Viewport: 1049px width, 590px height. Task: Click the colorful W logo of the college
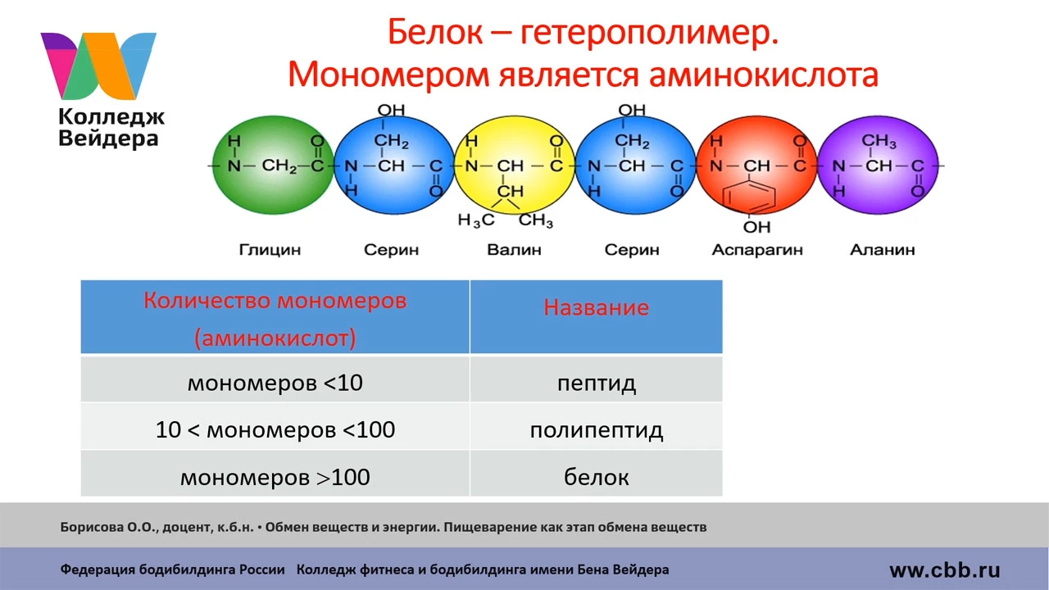point(98,66)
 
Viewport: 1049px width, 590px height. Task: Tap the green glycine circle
point(273,166)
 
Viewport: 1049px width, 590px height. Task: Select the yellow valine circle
point(514,166)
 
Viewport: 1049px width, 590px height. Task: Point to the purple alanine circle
point(878,166)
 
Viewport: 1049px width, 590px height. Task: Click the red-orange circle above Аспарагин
point(756,166)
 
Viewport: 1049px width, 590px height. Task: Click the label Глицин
point(270,250)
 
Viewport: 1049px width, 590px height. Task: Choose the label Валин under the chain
point(514,250)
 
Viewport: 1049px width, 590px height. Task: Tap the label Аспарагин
point(757,250)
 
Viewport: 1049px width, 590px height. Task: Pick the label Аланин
point(883,250)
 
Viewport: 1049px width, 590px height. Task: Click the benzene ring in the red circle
point(748,197)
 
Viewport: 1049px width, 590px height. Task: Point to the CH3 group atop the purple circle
point(879,140)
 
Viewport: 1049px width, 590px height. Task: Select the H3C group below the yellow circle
point(476,220)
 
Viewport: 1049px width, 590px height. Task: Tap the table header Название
point(596,307)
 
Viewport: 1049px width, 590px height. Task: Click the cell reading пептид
point(596,383)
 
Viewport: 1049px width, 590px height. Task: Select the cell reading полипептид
point(596,430)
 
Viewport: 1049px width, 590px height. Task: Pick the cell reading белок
point(596,477)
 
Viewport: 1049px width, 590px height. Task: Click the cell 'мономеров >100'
point(275,477)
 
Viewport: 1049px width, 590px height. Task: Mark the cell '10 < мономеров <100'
point(275,429)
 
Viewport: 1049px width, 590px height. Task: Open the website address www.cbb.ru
point(945,570)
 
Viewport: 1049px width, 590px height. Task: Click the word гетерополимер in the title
point(649,33)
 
